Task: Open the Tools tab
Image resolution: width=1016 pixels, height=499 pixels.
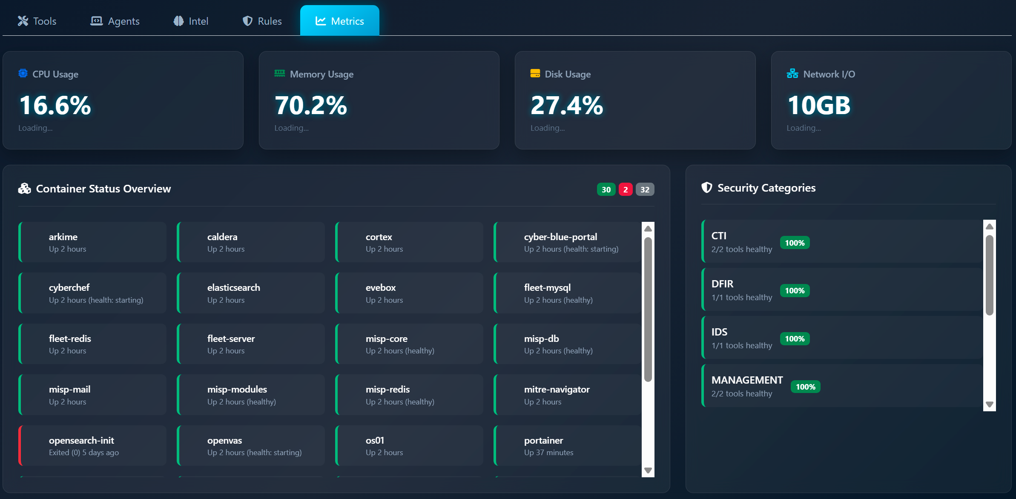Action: tap(37, 21)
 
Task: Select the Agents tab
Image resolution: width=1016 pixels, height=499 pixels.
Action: tap(115, 21)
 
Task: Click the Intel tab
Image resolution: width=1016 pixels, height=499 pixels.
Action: tap(191, 21)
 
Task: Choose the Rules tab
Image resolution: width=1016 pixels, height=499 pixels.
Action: tap(262, 21)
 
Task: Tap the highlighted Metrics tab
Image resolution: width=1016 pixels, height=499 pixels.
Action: tap(339, 21)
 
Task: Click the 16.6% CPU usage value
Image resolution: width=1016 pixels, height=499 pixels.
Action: tap(55, 105)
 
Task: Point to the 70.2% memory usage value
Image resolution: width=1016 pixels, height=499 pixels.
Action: tap(311, 105)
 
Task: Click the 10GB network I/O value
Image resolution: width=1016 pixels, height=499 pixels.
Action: tap(819, 105)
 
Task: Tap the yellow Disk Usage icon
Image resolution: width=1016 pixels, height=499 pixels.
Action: tap(535, 74)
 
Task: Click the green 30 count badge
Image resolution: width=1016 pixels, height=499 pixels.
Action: tap(606, 189)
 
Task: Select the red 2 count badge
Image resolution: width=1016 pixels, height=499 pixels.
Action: tap(626, 189)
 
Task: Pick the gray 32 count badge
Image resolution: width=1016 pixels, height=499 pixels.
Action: tap(645, 189)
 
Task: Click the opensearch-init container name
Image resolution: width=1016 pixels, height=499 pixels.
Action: tap(81, 440)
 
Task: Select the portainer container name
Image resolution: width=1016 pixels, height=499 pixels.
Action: tap(543, 440)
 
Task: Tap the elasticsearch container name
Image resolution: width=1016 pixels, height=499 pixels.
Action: tap(233, 287)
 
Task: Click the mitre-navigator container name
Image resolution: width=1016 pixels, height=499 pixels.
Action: tap(557, 389)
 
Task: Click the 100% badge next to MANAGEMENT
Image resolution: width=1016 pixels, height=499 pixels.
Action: tap(805, 387)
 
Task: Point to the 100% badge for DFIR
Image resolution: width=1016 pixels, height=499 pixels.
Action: tap(795, 291)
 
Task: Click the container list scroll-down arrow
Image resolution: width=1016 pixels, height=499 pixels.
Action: tap(648, 470)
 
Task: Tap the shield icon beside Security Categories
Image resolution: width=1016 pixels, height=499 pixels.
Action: tap(707, 187)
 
